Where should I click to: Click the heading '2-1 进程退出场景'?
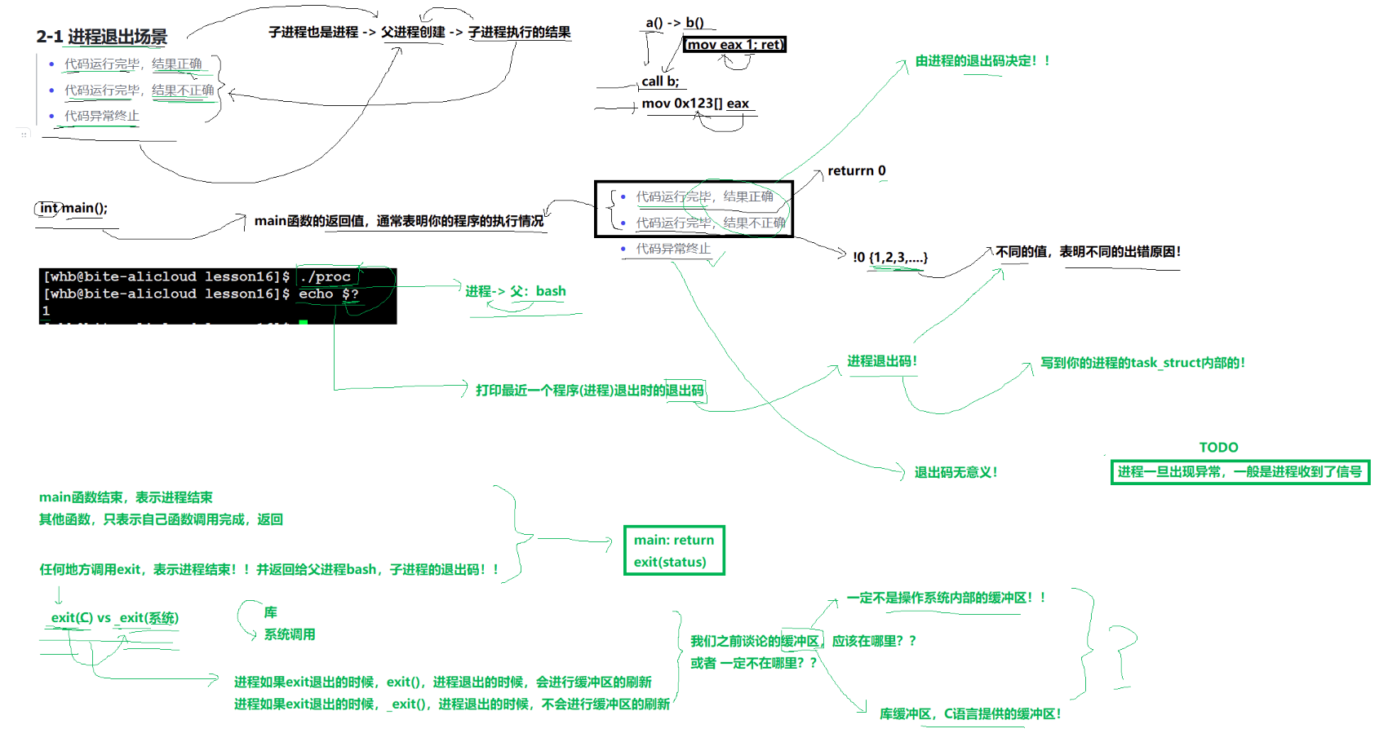101,37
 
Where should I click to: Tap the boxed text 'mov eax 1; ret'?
734,45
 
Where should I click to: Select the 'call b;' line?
660,82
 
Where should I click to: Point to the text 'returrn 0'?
856,171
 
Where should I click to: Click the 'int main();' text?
73,208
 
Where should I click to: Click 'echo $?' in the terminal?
328,294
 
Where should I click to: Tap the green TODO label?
1218,448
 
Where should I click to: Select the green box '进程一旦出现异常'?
1239,472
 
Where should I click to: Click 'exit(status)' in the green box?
670,562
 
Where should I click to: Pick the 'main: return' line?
674,540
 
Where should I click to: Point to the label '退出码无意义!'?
956,473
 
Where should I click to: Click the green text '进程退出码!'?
882,361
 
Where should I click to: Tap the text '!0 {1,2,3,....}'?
889,258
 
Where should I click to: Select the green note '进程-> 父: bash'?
515,292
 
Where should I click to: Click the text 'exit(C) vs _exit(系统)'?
115,618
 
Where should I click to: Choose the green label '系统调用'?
290,634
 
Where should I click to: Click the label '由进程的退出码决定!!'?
982,61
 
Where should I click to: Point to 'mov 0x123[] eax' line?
695,104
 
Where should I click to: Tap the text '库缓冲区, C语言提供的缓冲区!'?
970,714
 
